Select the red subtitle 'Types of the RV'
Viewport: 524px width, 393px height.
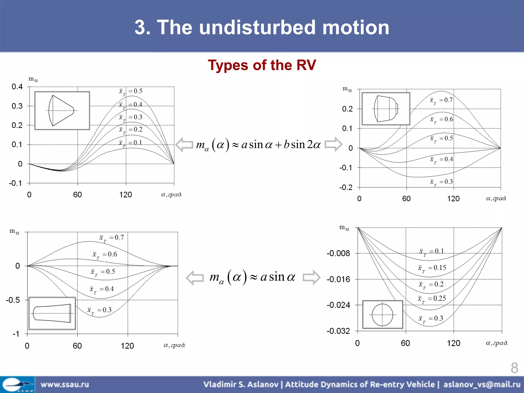pyautogui.click(x=262, y=65)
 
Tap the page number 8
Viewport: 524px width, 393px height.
pyautogui.click(x=514, y=368)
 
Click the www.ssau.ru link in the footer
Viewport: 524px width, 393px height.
pyautogui.click(x=65, y=384)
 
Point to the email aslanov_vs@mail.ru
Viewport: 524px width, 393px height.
pyautogui.click(x=482, y=384)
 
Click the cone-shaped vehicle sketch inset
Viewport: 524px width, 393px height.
pyautogui.click(x=62, y=111)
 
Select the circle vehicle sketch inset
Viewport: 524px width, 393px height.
pyautogui.click(x=383, y=314)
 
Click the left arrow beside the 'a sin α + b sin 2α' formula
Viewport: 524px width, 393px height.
pyautogui.click(x=184, y=145)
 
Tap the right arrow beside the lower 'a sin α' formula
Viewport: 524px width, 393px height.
pyautogui.click(x=311, y=277)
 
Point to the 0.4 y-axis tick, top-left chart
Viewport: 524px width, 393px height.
pyautogui.click(x=17, y=87)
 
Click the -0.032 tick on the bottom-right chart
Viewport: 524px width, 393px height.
pyautogui.click(x=338, y=331)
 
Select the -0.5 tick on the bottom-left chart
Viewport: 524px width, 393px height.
pyautogui.click(x=13, y=300)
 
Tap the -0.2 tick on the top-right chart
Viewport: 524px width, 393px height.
pyautogui.click(x=346, y=188)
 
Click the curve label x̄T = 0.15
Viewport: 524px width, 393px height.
pyautogui.click(x=432, y=268)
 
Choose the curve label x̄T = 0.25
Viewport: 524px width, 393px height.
pyautogui.click(x=432, y=299)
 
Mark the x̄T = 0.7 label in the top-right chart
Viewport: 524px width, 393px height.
pyautogui.click(x=441, y=100)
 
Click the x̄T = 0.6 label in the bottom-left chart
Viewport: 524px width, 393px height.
pyautogui.click(x=105, y=255)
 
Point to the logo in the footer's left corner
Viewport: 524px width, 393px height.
pyautogui.click(x=17, y=384)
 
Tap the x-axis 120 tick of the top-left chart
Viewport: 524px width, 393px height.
pyautogui.click(x=126, y=195)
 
